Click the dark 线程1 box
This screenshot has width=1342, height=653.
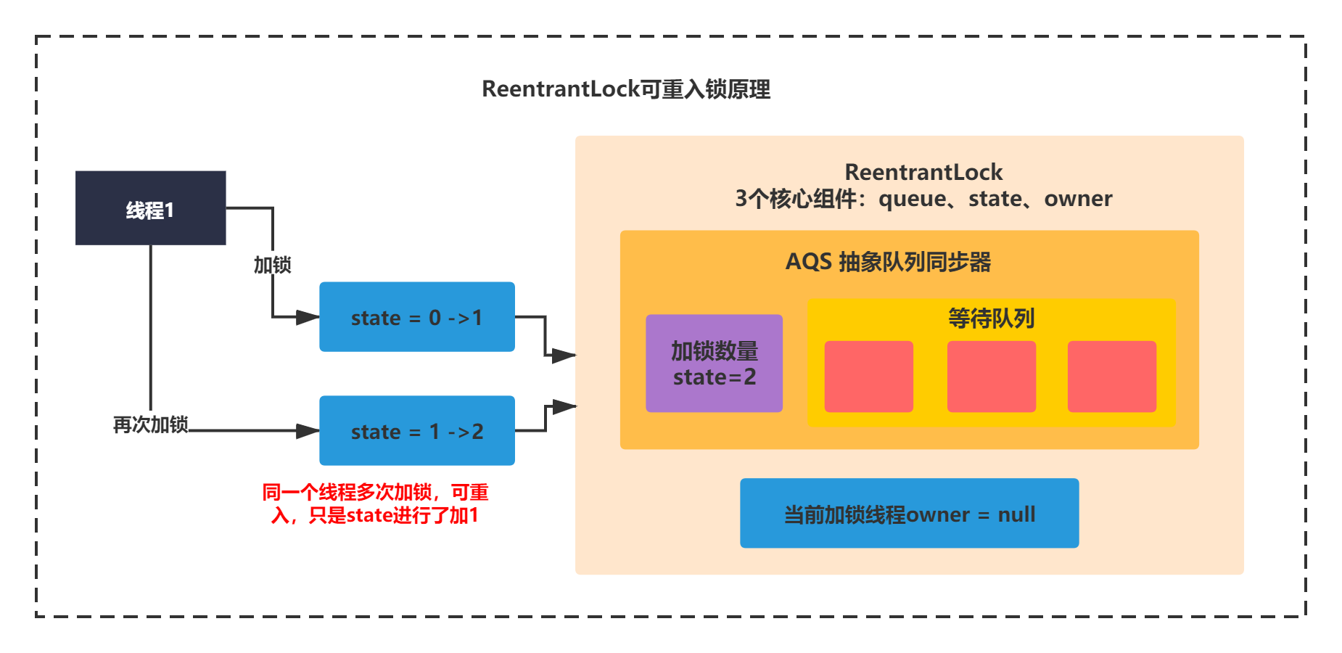coord(150,208)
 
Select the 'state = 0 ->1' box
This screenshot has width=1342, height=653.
coord(416,317)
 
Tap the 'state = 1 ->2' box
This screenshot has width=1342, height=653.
coord(416,431)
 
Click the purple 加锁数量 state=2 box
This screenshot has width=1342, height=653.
coord(714,364)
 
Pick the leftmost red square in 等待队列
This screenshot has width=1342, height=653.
coord(868,377)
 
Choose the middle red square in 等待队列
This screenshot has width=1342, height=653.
coord(991,377)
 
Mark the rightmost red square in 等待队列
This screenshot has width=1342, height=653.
coord(1111,377)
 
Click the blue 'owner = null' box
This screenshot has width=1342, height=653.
coord(909,513)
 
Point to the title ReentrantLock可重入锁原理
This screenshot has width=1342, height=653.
coord(626,89)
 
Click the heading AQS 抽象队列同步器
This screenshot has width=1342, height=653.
coord(888,262)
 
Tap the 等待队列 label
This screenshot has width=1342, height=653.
coord(991,319)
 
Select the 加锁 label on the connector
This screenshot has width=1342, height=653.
coord(272,265)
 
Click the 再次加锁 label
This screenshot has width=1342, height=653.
coord(150,424)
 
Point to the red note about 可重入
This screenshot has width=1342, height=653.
coord(374,504)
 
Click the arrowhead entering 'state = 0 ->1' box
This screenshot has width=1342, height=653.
coord(308,317)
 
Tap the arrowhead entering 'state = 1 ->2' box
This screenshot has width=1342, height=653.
coord(308,431)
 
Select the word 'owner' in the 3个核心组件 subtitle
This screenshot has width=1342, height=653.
coord(1077,199)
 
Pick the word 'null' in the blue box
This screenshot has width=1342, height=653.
coord(1016,514)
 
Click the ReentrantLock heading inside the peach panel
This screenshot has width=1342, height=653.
coord(923,172)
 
